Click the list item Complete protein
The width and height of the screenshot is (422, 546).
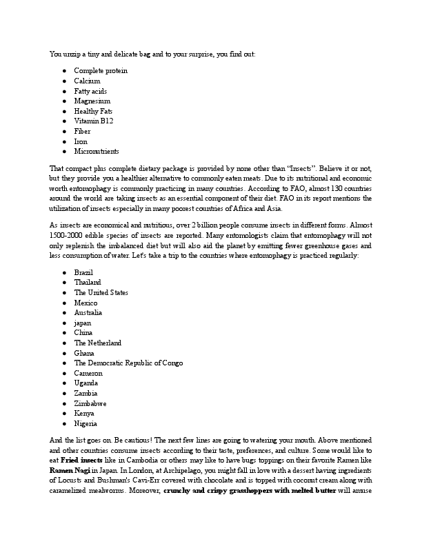tap(101, 71)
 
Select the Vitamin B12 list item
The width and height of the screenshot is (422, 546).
tap(94, 121)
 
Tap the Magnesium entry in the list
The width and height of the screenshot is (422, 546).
tap(92, 101)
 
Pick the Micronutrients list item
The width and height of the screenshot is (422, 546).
tap(97, 152)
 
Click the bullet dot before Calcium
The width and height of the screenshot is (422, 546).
tap(64, 81)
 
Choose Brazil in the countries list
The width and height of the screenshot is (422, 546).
tap(83, 272)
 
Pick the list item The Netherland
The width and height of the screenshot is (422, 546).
tap(98, 343)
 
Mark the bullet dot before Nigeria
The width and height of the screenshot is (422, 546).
tap(64, 423)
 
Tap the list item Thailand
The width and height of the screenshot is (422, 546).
tap(88, 283)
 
